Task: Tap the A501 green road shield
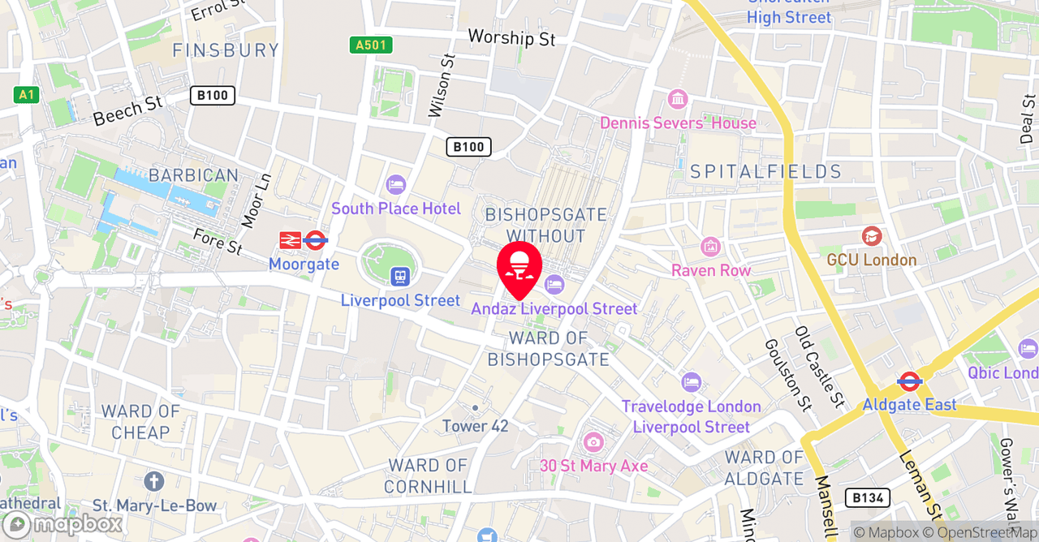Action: click(371, 45)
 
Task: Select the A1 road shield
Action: click(27, 95)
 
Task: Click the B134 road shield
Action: click(867, 497)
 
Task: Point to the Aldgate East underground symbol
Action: click(909, 381)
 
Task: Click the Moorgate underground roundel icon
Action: click(315, 240)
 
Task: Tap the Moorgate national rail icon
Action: click(290, 240)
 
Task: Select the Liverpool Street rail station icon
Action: click(399, 277)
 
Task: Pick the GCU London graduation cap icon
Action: click(872, 236)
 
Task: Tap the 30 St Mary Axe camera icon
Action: click(593, 442)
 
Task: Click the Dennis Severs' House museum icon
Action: click(677, 100)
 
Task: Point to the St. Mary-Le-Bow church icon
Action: click(154, 481)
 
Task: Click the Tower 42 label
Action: click(476, 426)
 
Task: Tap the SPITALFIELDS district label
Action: click(765, 171)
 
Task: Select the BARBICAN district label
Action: click(193, 175)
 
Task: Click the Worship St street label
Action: click(511, 37)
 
